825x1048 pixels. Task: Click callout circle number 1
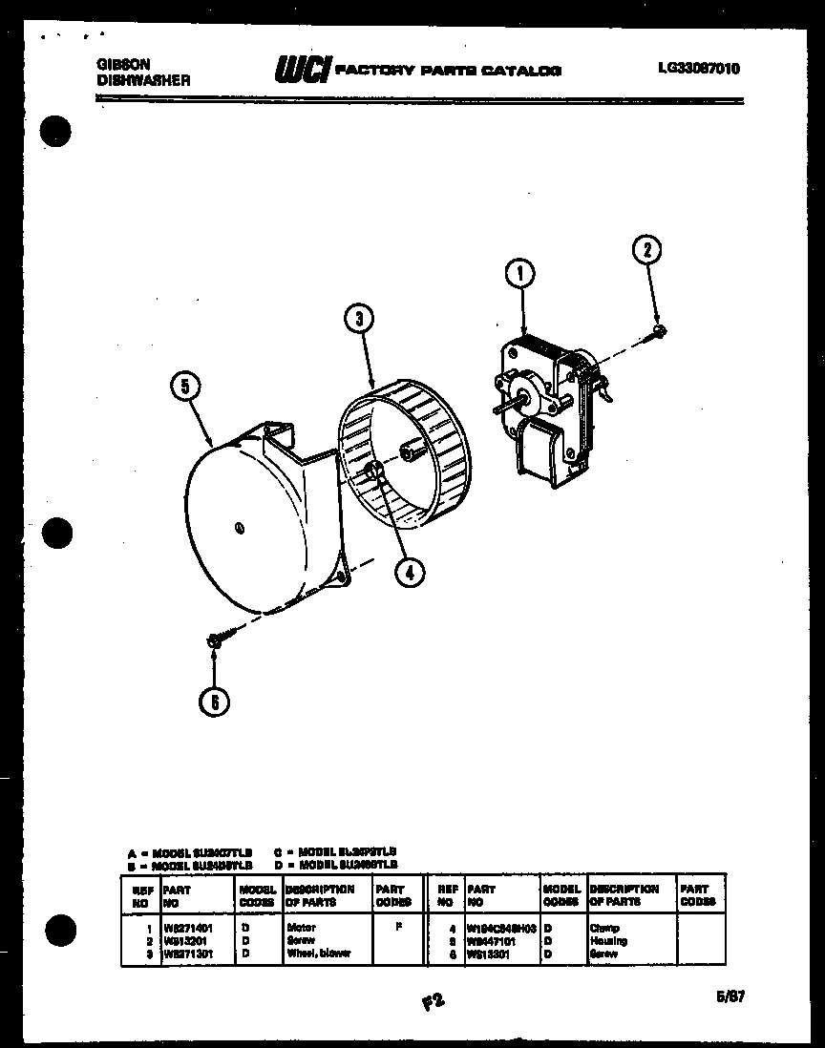tap(520, 275)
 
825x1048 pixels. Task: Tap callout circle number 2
tap(646, 250)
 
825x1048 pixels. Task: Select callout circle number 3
tap(358, 319)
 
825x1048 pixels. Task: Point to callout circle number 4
tap(409, 571)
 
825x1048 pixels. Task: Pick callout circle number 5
tap(186, 387)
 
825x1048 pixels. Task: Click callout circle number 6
tap(215, 702)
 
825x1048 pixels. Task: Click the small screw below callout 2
tap(658, 331)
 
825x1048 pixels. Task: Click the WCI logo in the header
tap(303, 70)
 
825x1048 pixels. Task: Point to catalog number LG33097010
tap(698, 68)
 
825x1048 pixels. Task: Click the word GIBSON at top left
tap(123, 65)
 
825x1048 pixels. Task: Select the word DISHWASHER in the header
tap(143, 81)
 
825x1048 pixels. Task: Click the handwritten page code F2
tap(433, 1001)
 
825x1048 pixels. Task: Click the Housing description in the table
tap(608, 940)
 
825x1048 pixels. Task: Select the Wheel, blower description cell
tap(318, 953)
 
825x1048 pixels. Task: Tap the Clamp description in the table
tap(605, 928)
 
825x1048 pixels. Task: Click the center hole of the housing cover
tap(238, 527)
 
